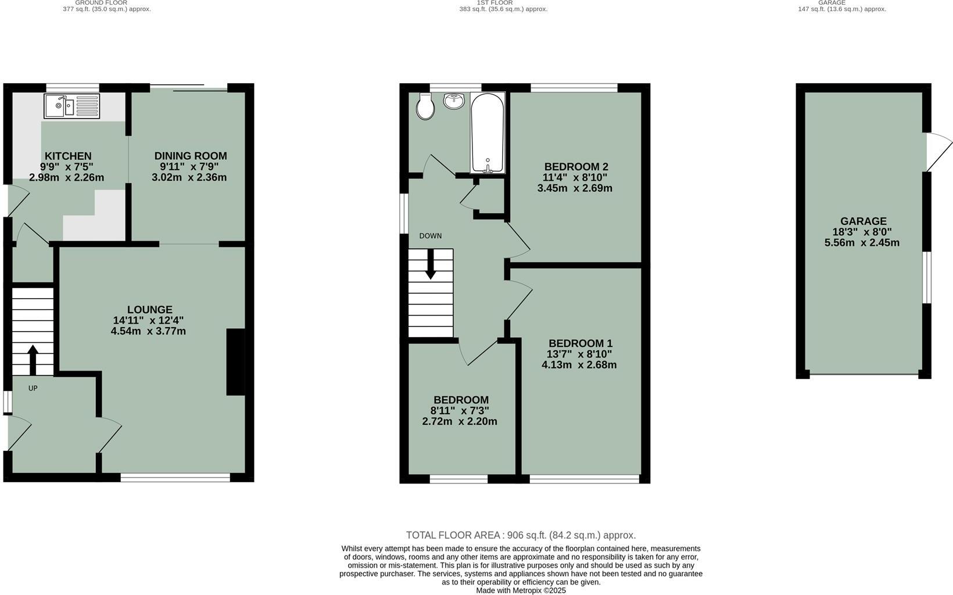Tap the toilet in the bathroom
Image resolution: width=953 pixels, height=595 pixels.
point(425,106)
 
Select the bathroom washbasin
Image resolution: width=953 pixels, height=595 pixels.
point(454,101)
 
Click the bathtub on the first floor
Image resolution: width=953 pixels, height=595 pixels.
point(487,134)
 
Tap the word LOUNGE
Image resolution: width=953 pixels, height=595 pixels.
point(150,310)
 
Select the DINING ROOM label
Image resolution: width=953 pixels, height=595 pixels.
point(190,156)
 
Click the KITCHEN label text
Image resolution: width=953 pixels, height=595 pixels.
point(68,156)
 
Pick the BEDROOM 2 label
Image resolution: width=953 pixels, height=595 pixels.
point(576,167)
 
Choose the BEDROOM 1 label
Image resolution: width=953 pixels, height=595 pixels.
point(580,343)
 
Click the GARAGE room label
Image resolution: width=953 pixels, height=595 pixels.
point(863,221)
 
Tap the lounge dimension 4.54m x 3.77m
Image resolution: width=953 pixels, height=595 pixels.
point(148,331)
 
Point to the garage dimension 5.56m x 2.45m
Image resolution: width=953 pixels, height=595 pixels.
point(862,242)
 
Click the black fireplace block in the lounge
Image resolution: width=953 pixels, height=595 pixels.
point(235,363)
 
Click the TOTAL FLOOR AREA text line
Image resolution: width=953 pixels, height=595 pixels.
point(521,535)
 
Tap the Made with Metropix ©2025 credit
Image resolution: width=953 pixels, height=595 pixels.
point(521,590)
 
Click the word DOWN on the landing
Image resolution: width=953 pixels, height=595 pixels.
point(430,236)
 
